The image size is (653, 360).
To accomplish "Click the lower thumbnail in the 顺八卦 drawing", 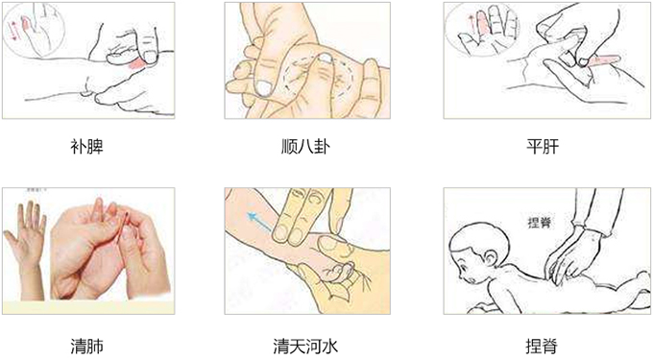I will coord(263,88).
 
